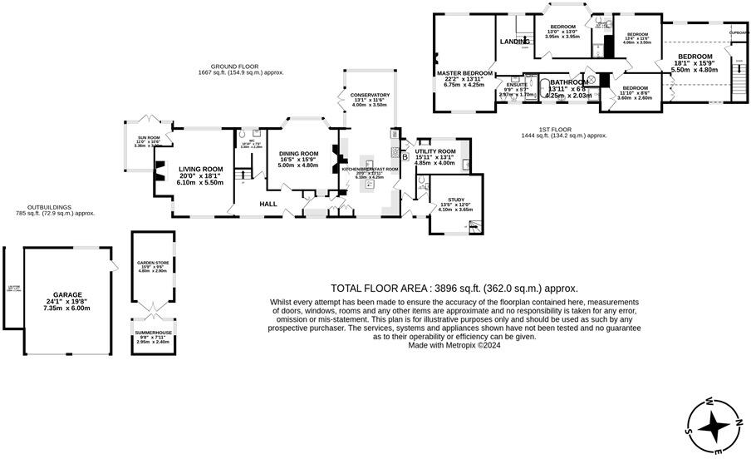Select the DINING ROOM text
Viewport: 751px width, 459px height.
[298, 154]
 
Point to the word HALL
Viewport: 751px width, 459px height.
[268, 204]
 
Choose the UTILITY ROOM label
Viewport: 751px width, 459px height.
[435, 151]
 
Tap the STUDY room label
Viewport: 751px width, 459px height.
[455, 200]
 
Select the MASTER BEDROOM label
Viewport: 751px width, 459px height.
[465, 73]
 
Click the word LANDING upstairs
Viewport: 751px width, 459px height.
[515, 41]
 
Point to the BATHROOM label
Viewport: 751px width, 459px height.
[569, 82]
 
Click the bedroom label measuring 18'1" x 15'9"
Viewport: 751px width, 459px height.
[689, 57]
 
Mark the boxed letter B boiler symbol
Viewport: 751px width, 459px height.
[405, 155]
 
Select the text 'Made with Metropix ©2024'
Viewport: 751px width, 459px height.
[454, 345]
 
